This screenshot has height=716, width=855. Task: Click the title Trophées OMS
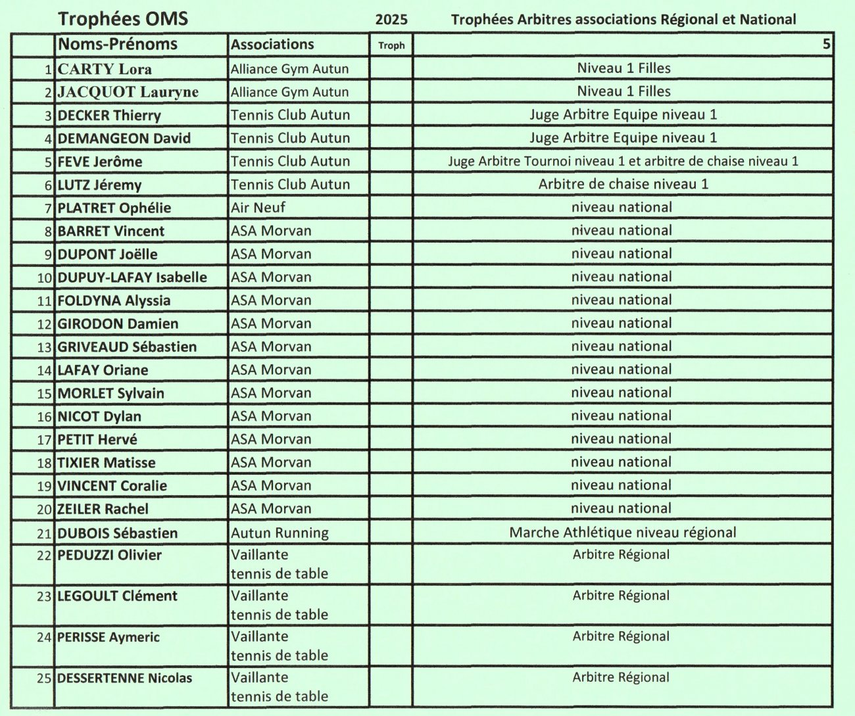(x=123, y=19)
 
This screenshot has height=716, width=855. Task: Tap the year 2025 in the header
(x=391, y=20)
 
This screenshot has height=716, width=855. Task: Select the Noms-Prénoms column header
(x=118, y=45)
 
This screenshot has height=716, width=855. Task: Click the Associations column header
(x=272, y=45)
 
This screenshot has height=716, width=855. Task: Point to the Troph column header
(x=391, y=45)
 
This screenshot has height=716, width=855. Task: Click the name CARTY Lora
(x=105, y=69)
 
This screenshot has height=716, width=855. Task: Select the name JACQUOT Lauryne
(x=128, y=92)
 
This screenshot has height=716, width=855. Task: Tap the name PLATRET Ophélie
(x=114, y=208)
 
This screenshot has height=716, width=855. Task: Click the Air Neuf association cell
(x=258, y=208)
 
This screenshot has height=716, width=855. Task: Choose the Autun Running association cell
(x=280, y=533)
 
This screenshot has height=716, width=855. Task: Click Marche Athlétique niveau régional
(x=622, y=533)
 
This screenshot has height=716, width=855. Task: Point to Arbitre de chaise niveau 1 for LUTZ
(x=623, y=184)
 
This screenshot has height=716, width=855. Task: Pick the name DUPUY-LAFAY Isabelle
(x=132, y=277)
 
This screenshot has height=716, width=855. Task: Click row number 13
(x=44, y=347)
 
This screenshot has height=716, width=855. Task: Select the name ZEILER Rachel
(x=103, y=509)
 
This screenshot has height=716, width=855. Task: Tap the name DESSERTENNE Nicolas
(x=124, y=678)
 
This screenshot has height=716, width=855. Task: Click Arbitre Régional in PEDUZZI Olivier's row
(x=621, y=554)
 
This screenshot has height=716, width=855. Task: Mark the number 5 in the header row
(x=826, y=45)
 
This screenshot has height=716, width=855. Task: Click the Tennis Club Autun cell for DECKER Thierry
(x=290, y=115)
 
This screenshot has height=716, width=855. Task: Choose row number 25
(x=44, y=678)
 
